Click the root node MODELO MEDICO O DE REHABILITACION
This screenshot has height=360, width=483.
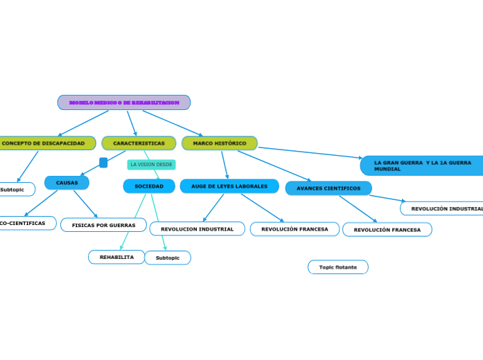pos(124,102)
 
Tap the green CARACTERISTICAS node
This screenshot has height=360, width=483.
pos(139,143)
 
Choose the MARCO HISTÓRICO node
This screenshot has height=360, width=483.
pos(220,143)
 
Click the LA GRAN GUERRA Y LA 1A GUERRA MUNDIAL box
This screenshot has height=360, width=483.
pos(421,165)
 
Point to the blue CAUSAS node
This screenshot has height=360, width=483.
pos(67,183)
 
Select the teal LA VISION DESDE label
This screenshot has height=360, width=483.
pos(151,165)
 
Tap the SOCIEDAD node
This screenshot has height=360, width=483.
pos(149,186)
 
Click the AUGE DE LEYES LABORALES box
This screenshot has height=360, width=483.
pos(229,186)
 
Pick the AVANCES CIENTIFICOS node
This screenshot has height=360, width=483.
pos(328,188)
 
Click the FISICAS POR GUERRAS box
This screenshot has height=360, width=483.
pos(103,225)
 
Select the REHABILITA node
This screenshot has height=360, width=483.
pos(116,257)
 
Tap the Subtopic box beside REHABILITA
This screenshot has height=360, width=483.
pos(168,258)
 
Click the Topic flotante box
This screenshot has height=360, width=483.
pos(337,267)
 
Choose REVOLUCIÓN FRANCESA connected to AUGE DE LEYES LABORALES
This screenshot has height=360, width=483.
pos(295,229)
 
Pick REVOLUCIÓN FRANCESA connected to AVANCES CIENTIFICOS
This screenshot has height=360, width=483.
pos(387,230)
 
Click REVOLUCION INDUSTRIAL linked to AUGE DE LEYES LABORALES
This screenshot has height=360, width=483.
pos(197,229)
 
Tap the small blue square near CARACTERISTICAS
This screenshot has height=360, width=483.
pos(103,163)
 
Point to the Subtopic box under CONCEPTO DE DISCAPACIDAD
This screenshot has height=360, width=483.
pos(14,189)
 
